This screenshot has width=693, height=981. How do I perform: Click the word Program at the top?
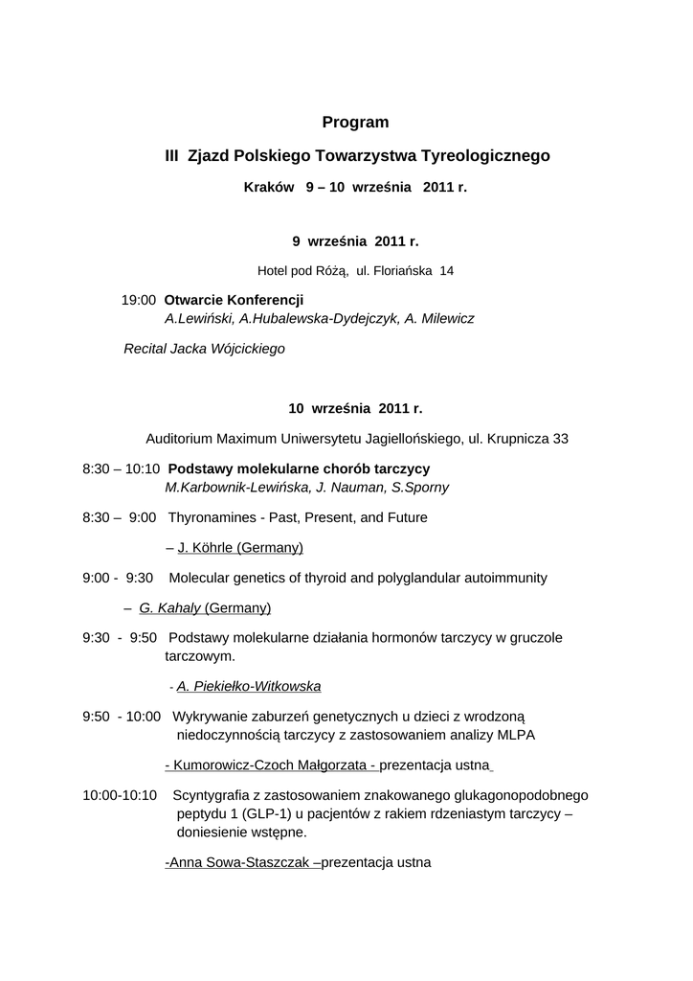[355, 122]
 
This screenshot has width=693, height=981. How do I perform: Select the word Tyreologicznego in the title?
[486, 154]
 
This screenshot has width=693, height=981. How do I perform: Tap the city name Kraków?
[269, 188]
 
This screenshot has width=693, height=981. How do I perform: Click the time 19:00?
[138, 300]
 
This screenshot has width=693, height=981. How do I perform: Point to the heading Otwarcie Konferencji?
[234, 300]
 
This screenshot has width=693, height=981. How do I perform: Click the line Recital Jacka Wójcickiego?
[205, 349]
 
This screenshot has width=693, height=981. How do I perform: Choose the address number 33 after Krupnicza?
[560, 439]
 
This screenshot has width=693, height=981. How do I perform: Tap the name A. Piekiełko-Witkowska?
[249, 686]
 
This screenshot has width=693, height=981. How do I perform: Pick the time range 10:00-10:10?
[120, 795]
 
